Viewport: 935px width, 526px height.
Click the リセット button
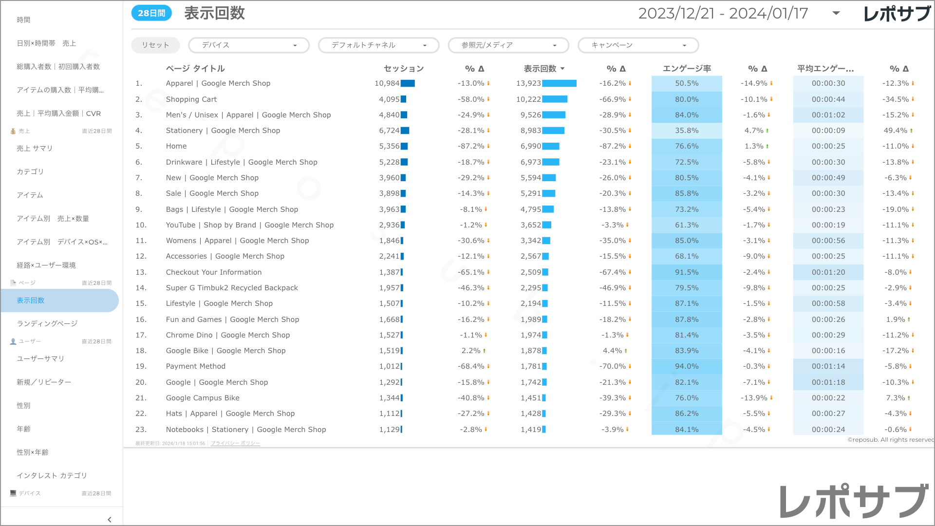(155, 45)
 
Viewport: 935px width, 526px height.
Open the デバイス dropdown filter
(248, 45)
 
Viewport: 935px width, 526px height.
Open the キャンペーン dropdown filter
(638, 45)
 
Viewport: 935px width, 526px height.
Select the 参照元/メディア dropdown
(508, 45)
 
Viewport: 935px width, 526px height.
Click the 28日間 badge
(151, 13)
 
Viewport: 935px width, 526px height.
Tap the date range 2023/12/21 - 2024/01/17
(723, 14)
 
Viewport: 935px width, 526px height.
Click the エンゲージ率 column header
(687, 69)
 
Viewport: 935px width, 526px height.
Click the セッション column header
(404, 69)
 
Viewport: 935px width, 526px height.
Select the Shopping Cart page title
(191, 99)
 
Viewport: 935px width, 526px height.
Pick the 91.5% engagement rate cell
(687, 272)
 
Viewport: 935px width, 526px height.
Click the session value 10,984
(387, 83)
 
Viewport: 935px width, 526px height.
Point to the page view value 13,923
(528, 83)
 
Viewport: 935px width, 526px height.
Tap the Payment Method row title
(196, 366)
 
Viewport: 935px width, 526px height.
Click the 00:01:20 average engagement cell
(828, 272)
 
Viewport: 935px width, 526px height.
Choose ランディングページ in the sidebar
(47, 323)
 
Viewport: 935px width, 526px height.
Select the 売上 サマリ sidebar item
(35, 149)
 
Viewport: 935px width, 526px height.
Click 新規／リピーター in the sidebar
(44, 382)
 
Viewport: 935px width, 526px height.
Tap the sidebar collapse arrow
(110, 520)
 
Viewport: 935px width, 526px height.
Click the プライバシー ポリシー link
(235, 444)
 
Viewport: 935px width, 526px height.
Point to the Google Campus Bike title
(203, 398)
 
